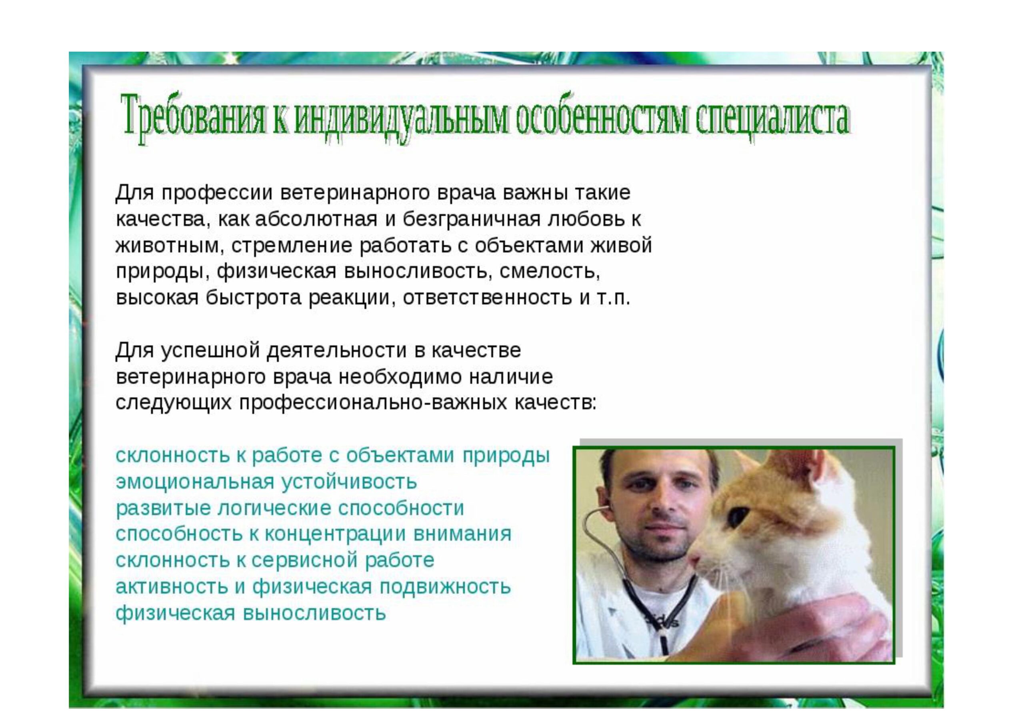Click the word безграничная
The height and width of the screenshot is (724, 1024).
[467, 220]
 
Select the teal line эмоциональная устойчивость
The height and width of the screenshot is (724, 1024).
[266, 482]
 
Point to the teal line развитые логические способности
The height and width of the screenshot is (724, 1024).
[290, 508]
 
